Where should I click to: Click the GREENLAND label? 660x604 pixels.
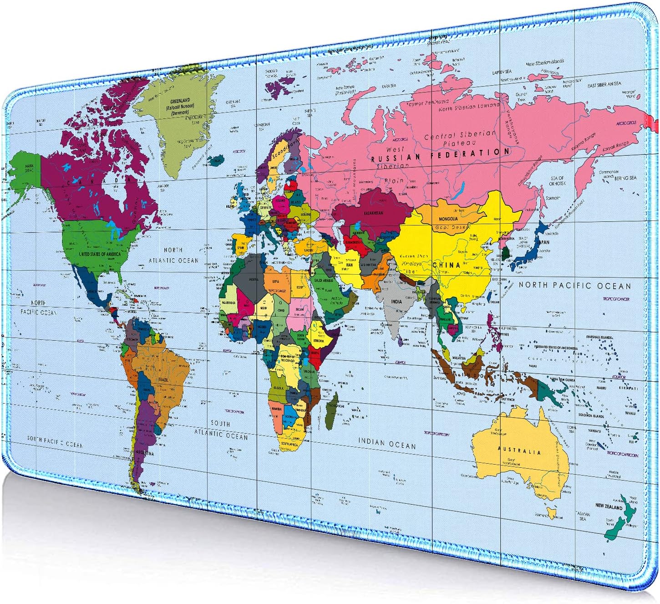[x=180, y=101]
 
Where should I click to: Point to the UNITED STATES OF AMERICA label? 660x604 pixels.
[x=100, y=254]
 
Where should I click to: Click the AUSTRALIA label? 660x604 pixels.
[x=519, y=450]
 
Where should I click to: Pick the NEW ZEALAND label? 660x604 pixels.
[x=609, y=507]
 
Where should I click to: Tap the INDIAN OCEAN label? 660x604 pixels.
[x=387, y=443]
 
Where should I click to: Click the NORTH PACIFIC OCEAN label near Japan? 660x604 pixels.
[x=575, y=286]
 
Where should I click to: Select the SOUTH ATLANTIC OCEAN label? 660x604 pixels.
[x=221, y=430]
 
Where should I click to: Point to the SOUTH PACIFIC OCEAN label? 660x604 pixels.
[x=55, y=441]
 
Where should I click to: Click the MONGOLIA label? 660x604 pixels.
[x=448, y=219]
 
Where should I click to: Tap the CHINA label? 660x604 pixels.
[x=446, y=265]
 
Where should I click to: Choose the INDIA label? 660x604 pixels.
[x=396, y=302]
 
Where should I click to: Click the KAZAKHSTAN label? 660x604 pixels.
[x=373, y=213]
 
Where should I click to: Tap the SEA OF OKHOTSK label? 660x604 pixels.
[x=557, y=181]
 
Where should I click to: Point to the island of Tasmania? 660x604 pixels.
[x=552, y=513]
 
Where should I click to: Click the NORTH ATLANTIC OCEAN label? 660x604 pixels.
[x=173, y=256]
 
